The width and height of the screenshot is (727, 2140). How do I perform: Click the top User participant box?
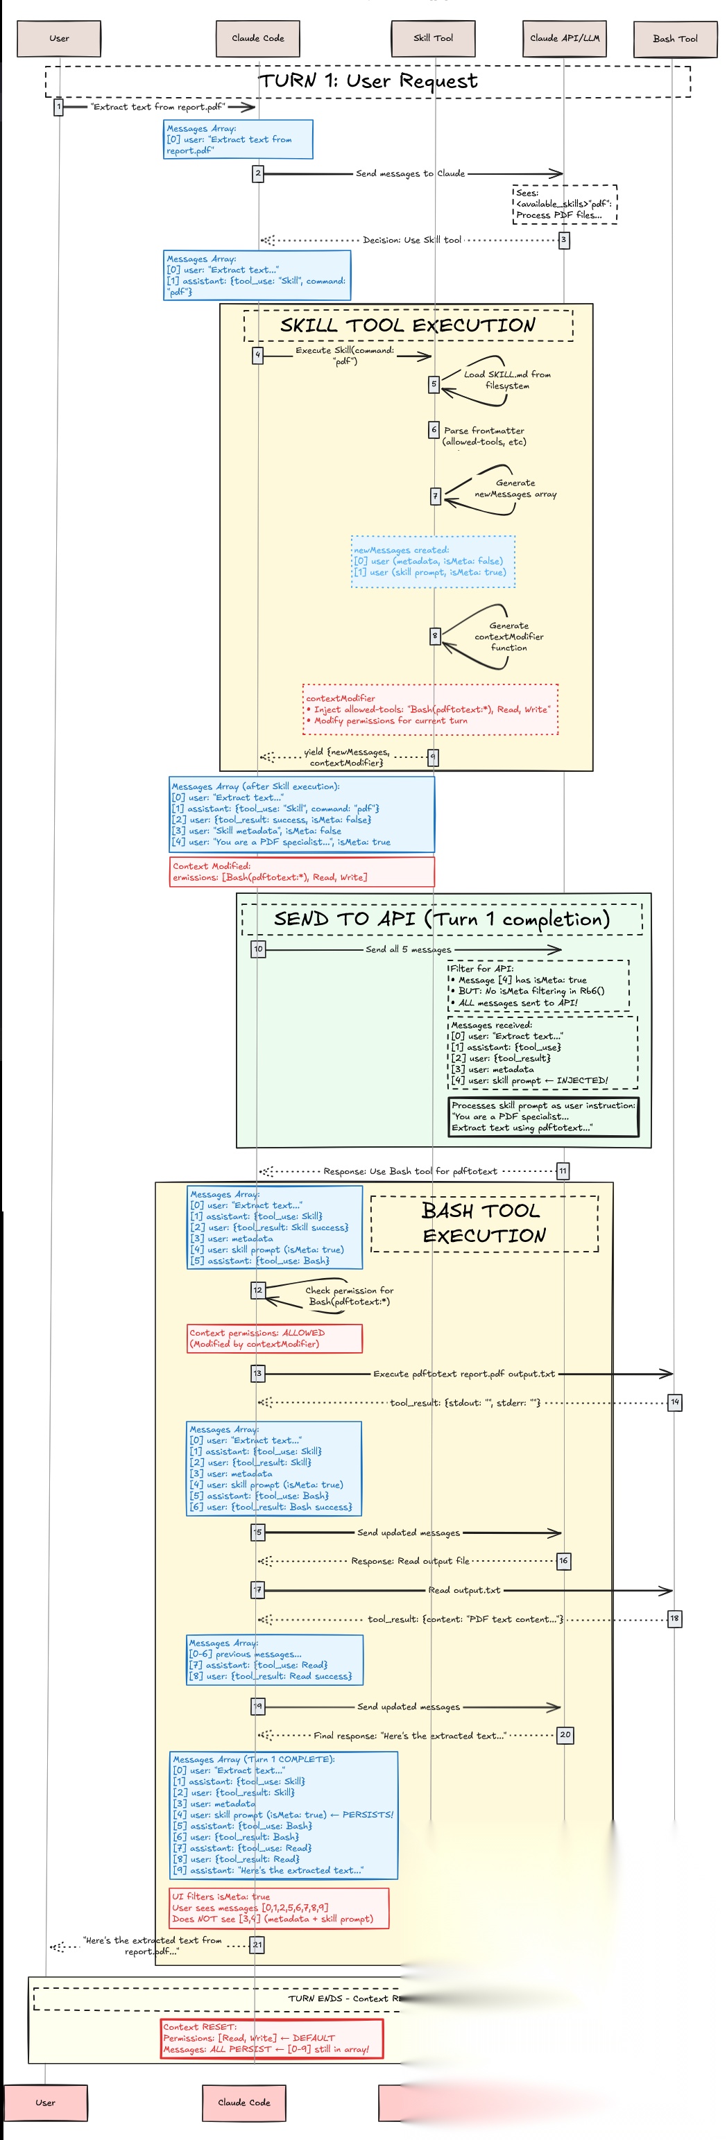[59, 38]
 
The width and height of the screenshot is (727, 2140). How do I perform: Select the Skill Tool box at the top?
[433, 38]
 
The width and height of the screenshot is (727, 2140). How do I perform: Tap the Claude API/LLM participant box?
[565, 38]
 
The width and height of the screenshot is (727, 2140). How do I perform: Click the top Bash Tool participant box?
[675, 39]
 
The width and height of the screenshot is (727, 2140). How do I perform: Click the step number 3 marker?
[563, 240]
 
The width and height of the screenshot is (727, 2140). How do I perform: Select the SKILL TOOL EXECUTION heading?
[407, 325]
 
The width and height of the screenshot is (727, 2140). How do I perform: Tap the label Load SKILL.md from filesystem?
[507, 379]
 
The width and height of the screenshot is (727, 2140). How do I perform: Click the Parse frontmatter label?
[484, 435]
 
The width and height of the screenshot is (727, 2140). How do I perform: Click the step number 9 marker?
[432, 757]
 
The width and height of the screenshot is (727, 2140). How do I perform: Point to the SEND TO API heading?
[442, 919]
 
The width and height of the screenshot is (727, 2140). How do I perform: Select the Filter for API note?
[538, 986]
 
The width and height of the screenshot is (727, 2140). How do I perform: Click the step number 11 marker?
[563, 1171]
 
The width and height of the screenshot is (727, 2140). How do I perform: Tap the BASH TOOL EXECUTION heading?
[484, 1223]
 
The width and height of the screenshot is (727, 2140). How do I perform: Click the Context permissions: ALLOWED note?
[275, 1338]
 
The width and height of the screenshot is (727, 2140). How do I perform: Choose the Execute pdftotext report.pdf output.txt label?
[463, 1374]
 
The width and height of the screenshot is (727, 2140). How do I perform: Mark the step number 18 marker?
[674, 1619]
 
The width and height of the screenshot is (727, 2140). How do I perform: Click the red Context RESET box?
[272, 2039]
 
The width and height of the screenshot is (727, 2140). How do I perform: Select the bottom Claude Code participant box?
[243, 2103]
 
